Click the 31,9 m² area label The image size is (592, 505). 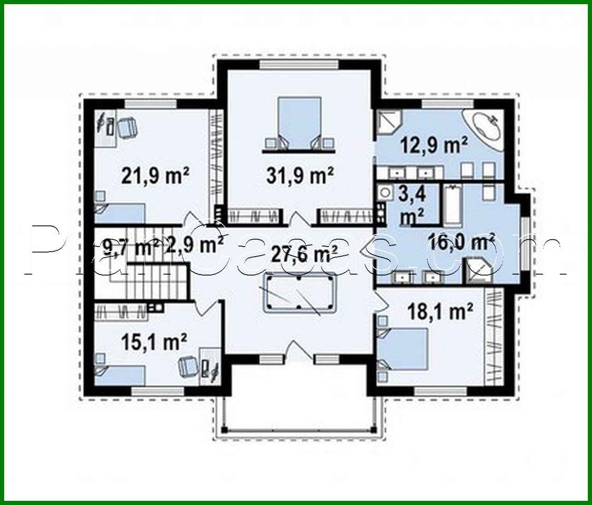300,175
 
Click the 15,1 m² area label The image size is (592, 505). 154,341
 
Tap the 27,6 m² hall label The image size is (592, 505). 304,252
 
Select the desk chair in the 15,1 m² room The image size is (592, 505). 188,365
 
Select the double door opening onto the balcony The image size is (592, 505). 300,354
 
